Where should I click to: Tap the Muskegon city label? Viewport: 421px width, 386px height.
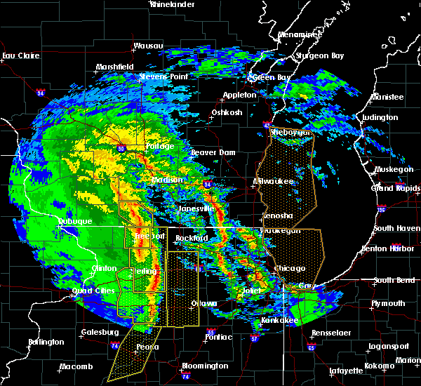396,169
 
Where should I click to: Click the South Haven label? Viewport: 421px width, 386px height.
396,228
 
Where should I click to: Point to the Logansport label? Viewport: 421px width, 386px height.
389,347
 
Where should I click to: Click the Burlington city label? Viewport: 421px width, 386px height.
46,342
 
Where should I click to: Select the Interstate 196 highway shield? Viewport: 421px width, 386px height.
382,208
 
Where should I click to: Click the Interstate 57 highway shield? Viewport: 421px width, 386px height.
255,338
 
